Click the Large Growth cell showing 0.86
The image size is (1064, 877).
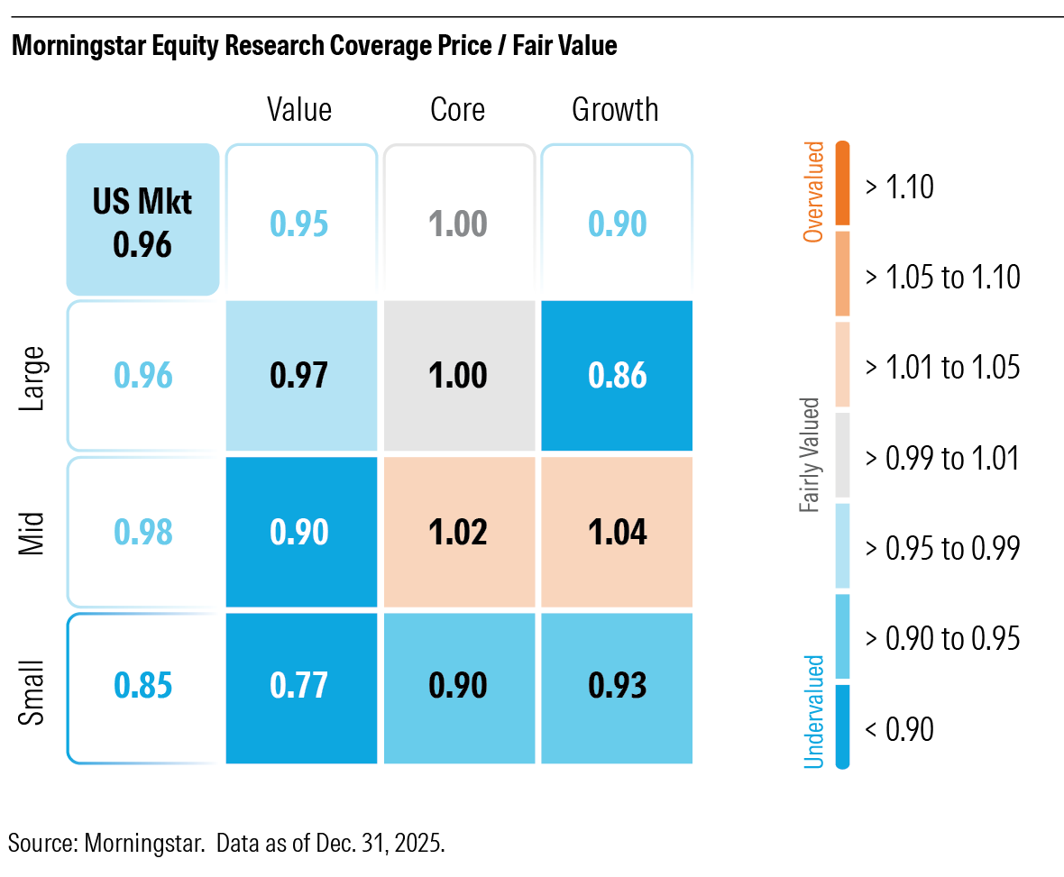(617, 375)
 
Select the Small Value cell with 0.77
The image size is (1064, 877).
(300, 687)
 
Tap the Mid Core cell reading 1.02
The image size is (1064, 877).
(458, 531)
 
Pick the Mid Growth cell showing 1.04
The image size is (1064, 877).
(617, 531)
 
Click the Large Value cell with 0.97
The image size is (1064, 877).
(300, 375)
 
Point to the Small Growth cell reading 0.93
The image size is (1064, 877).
(617, 687)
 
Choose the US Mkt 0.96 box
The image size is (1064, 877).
(142, 220)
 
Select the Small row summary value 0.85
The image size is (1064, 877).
(142, 687)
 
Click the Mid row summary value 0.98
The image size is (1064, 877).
(142, 531)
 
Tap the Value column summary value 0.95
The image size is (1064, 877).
(300, 223)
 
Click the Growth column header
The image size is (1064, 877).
(615, 110)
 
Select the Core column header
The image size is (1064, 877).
(457, 110)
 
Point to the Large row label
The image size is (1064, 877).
(34, 376)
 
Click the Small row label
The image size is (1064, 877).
(34, 688)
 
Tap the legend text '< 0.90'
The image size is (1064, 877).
(898, 728)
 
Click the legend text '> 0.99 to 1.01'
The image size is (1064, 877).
(941, 458)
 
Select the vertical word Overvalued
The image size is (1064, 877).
(813, 191)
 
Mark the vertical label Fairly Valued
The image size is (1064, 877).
(811, 455)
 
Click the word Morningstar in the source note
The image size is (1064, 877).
(135, 844)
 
